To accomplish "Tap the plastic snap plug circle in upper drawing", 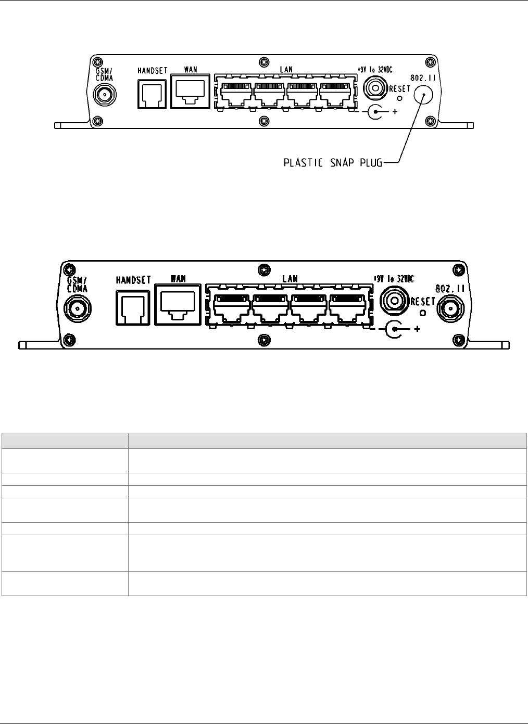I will coord(424,96).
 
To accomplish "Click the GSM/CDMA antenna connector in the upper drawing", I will coord(104,95).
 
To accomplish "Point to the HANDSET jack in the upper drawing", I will coord(152,94).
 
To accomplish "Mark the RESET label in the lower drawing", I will coord(423,301).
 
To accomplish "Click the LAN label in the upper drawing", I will coord(286,69).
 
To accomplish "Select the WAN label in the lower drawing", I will coord(178,279).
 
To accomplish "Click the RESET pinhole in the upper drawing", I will coord(399,97).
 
